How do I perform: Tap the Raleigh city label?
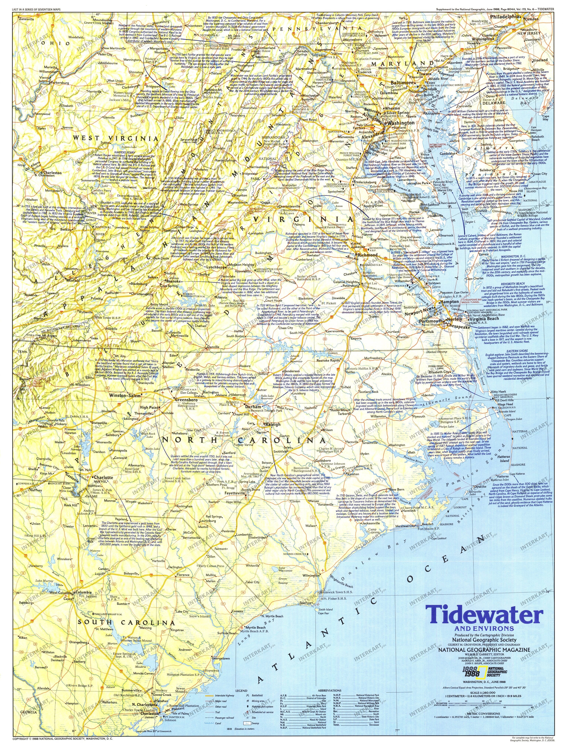(x=273, y=424)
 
